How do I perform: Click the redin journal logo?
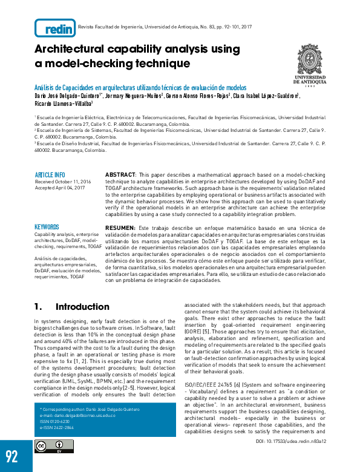coord(56,28)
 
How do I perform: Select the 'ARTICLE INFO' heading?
coord(50,174)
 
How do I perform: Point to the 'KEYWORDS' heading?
coord(47,228)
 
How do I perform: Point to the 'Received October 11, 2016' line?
coord(64,181)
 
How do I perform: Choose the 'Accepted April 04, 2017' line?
coord(61,187)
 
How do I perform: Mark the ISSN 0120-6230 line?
coord(53,422)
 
